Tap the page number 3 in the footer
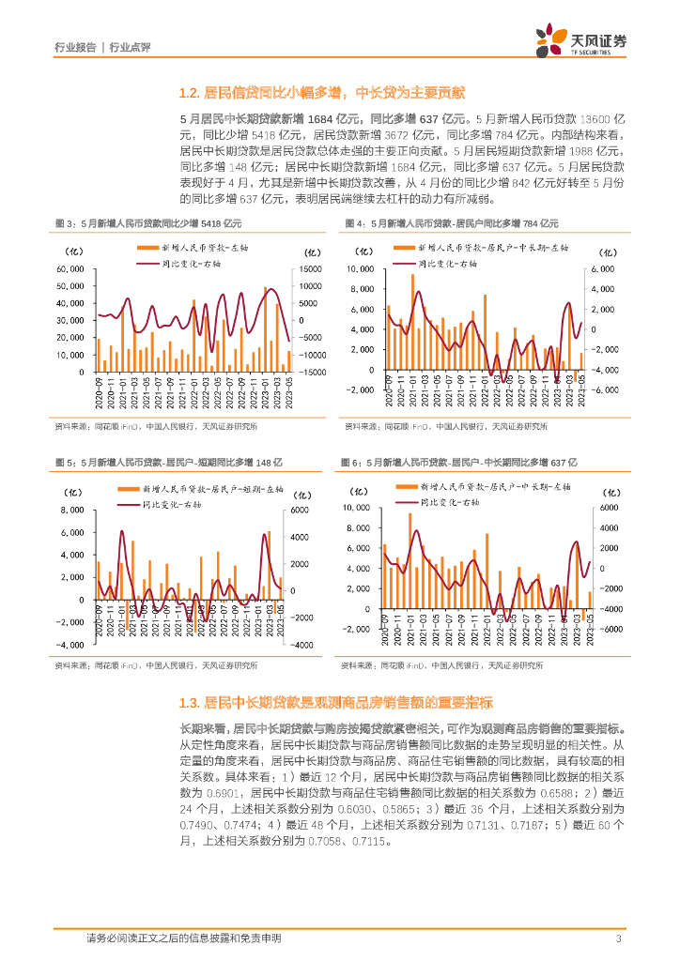617,938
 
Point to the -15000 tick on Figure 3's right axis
314,373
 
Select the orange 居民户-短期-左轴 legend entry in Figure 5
199,490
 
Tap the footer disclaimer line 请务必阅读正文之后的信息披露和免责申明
183,938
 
